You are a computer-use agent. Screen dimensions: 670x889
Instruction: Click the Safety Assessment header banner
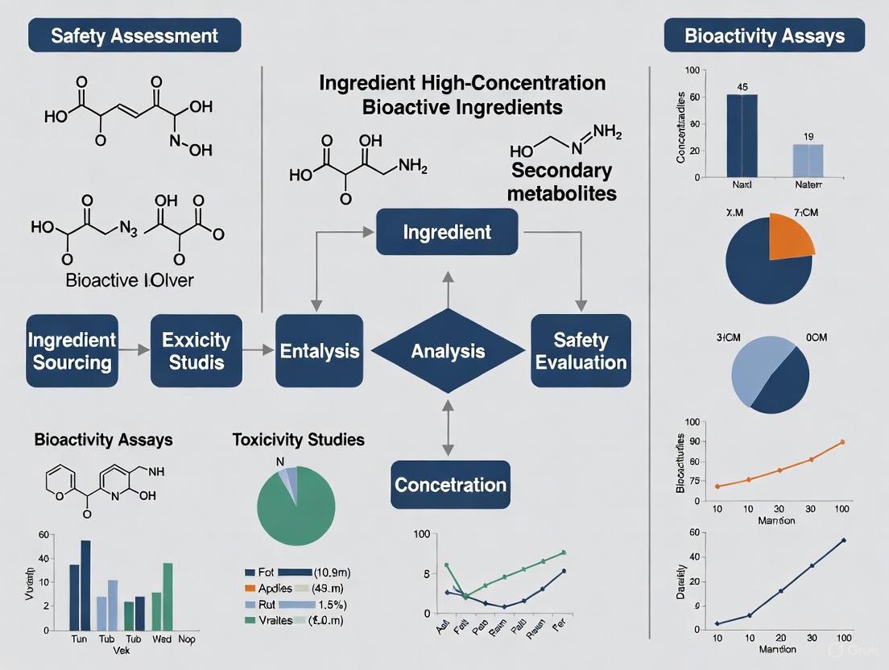pyautogui.click(x=134, y=36)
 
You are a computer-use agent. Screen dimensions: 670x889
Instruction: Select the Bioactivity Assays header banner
pyautogui.click(x=764, y=36)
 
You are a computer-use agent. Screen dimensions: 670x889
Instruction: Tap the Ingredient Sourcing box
pyautogui.click(x=72, y=351)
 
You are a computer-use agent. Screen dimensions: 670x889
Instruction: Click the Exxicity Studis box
pyautogui.click(x=196, y=351)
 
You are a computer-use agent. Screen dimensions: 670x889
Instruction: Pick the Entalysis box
pyautogui.click(x=319, y=351)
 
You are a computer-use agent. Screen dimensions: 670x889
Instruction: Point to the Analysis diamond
pyautogui.click(x=448, y=351)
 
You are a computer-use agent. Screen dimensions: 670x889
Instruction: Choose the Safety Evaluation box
pyautogui.click(x=581, y=351)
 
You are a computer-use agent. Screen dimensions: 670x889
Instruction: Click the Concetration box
pyautogui.click(x=450, y=485)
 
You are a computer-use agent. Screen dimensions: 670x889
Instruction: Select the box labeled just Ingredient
pyautogui.click(x=447, y=232)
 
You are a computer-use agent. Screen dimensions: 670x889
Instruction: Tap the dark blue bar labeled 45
pyautogui.click(x=742, y=135)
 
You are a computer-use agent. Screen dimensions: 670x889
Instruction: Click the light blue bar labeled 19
pyautogui.click(x=808, y=160)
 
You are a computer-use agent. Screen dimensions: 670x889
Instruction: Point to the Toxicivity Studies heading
pyautogui.click(x=298, y=440)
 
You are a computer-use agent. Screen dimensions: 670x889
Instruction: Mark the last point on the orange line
pyautogui.click(x=842, y=441)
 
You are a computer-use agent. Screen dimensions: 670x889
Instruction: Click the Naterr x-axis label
pyautogui.click(x=808, y=184)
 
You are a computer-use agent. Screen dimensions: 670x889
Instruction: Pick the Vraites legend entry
pyautogui.click(x=277, y=619)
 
